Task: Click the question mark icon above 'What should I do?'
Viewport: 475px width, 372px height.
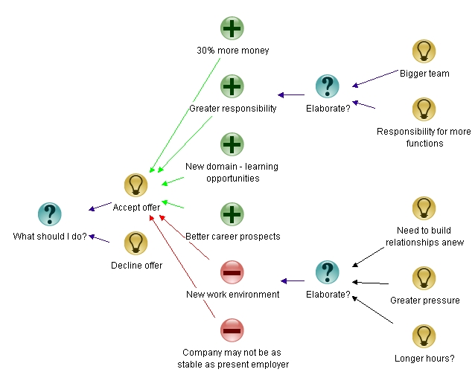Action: (49, 214)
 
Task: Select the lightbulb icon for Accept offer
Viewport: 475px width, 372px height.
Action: (136, 185)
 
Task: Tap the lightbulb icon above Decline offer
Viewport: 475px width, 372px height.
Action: (136, 243)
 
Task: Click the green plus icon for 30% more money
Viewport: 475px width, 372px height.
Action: (232, 28)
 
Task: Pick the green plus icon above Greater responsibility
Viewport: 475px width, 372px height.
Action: (232, 86)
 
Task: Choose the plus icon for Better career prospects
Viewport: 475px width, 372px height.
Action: (232, 214)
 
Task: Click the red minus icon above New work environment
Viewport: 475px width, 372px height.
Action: (232, 272)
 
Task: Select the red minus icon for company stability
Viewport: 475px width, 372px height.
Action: (232, 330)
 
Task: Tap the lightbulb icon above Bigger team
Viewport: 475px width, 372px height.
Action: (424, 51)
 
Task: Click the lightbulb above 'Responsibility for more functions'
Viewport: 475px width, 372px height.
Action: (424, 109)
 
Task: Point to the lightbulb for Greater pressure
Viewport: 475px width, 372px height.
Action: (424, 278)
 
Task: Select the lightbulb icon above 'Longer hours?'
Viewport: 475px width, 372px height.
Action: (424, 336)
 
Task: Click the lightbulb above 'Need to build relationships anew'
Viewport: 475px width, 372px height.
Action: (424, 208)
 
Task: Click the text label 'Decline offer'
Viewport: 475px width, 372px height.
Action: (136, 265)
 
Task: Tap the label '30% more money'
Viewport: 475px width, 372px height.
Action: (232, 51)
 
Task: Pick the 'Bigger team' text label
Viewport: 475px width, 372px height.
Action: (424, 74)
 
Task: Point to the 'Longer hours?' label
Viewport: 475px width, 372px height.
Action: (424, 359)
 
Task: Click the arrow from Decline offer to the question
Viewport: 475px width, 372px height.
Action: (101, 239)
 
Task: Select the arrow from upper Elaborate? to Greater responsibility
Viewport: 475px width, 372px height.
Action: (291, 94)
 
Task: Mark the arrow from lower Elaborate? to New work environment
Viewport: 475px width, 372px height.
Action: (293, 281)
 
